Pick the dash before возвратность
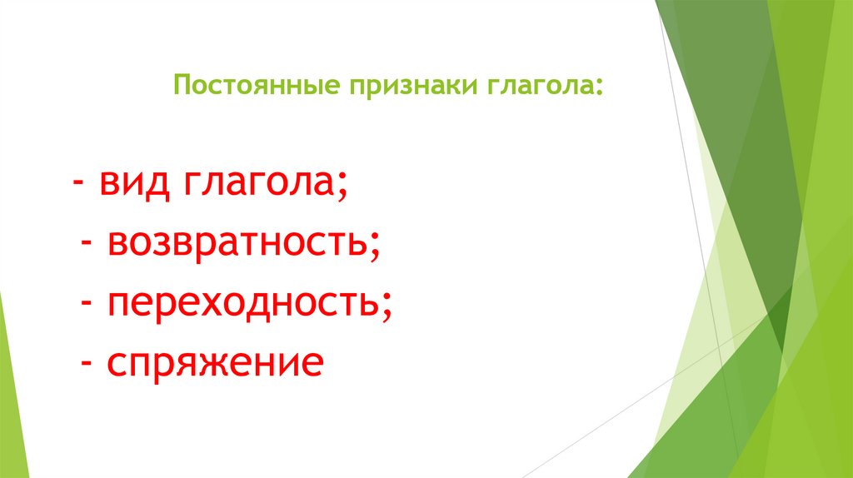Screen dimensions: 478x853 pos(86,245)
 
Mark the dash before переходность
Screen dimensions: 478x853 pos(86,306)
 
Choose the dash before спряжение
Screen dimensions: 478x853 pos(86,366)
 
